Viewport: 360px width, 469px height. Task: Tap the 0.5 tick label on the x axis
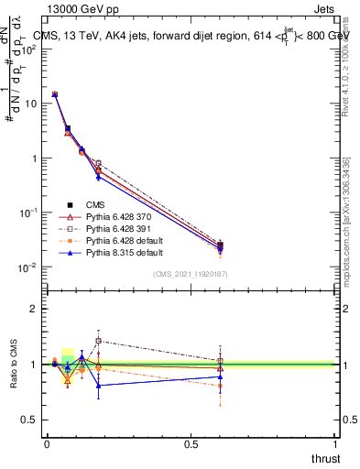pos(191,443)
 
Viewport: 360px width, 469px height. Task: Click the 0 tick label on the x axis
pos(47,443)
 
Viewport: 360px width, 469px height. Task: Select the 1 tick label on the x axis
pos(335,443)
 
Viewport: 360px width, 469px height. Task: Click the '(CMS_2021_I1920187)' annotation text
pos(191,274)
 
